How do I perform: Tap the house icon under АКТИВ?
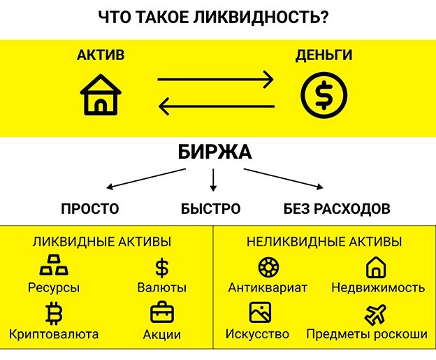pos(101,96)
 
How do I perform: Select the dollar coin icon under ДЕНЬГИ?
pos(323,95)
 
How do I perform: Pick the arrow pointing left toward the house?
pos(216,107)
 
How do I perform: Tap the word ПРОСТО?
pos(90,208)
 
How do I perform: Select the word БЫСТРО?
pos(210,208)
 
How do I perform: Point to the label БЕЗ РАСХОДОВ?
pos(337,208)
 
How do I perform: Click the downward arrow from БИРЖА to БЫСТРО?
pos(213,180)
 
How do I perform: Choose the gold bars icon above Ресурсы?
pos(54,267)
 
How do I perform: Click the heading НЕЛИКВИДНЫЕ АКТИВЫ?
pos(324,242)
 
